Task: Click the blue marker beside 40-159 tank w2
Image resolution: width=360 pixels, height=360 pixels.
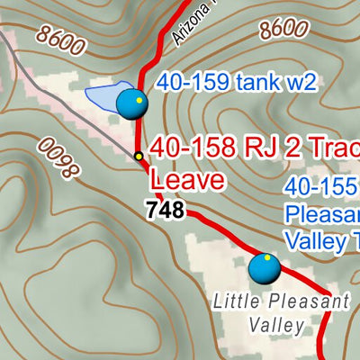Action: click(x=131, y=103)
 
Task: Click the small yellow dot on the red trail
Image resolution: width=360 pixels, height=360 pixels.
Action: click(x=139, y=157)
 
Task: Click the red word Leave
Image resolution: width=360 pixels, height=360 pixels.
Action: click(x=186, y=179)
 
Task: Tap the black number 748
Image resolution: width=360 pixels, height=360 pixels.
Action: click(x=165, y=211)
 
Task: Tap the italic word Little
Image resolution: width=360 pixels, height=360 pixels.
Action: click(x=231, y=301)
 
